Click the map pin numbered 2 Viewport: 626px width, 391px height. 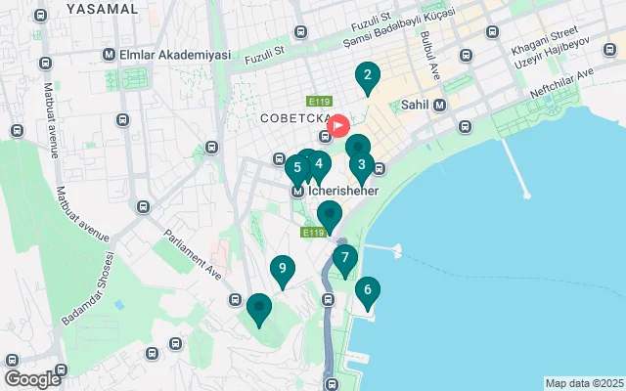[x=367, y=76]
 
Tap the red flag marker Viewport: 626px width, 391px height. [x=339, y=126]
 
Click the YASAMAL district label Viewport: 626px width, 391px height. [x=102, y=8]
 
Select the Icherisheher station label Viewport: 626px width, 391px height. [x=336, y=192]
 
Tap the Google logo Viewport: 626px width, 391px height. [x=32, y=379]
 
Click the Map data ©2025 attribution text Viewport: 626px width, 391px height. [x=583, y=383]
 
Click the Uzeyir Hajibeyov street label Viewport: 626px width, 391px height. [x=555, y=61]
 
